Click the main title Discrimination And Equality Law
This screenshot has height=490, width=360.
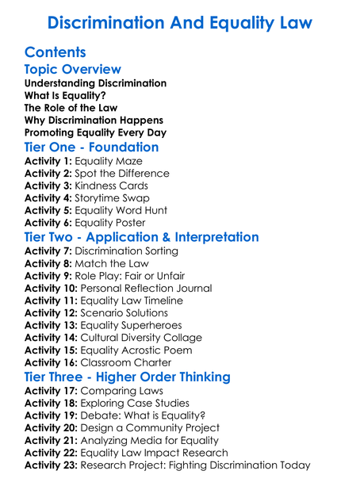point(180,21)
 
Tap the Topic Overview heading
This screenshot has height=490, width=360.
point(73,70)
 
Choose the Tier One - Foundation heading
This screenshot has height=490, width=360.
point(92,147)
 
